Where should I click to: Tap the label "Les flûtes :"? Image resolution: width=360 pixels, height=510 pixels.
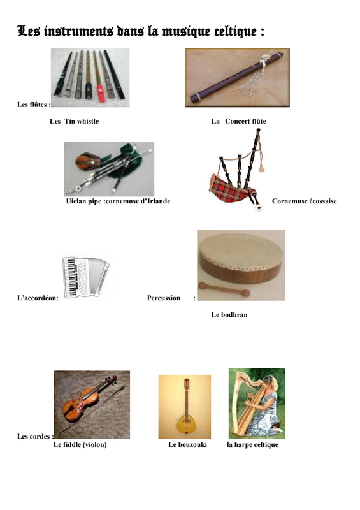pos(34,105)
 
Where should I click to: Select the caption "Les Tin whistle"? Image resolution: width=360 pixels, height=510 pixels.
pos(74,121)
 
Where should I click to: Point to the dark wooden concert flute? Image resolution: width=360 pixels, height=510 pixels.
pos(238,76)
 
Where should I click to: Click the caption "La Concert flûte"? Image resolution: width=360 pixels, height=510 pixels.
pos(239,121)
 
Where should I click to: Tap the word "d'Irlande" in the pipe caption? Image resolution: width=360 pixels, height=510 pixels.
pos(156,201)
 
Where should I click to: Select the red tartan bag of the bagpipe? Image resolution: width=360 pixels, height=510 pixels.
pos(229,189)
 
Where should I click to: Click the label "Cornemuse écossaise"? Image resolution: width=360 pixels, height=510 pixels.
pos(305,201)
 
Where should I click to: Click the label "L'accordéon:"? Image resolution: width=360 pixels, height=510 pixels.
pos(38,298)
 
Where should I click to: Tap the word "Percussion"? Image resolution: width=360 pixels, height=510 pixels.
pos(164,298)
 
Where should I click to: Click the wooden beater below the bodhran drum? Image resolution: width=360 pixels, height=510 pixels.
pos(224,289)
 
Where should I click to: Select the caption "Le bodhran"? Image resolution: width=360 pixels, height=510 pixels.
pos(229,314)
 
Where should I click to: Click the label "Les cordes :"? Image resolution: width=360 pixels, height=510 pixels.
pos(36,437)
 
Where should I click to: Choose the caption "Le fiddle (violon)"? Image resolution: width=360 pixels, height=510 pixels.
pos(80,444)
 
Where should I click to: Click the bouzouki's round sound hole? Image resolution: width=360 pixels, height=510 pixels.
pos(185,421)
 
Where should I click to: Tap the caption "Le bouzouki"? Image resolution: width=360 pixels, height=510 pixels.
pos(187,444)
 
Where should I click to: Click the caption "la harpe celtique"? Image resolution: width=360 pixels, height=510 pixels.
pos(253,444)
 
